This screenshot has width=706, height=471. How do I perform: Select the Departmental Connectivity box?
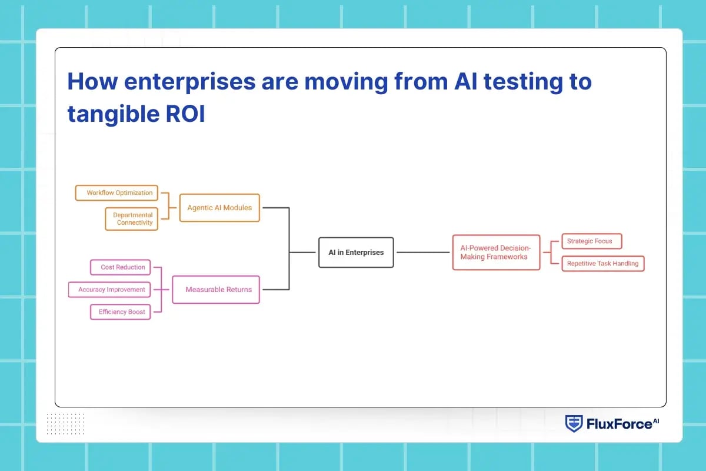coord(132,219)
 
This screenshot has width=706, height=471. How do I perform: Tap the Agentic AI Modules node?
coord(219,208)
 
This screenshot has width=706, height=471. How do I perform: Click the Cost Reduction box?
coord(121,267)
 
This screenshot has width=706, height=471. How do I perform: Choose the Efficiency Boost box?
coord(121,312)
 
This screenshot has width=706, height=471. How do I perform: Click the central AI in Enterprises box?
coord(356,253)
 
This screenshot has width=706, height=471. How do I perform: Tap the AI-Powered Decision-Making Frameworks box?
coord(496,253)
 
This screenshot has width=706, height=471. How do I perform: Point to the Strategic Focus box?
coord(591,241)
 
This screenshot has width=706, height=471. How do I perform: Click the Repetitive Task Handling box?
coord(602,264)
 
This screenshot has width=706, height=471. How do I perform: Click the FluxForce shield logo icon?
coord(573,424)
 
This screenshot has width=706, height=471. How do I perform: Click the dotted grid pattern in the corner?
coord(65,423)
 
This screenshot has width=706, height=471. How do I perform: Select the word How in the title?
coord(89,82)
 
